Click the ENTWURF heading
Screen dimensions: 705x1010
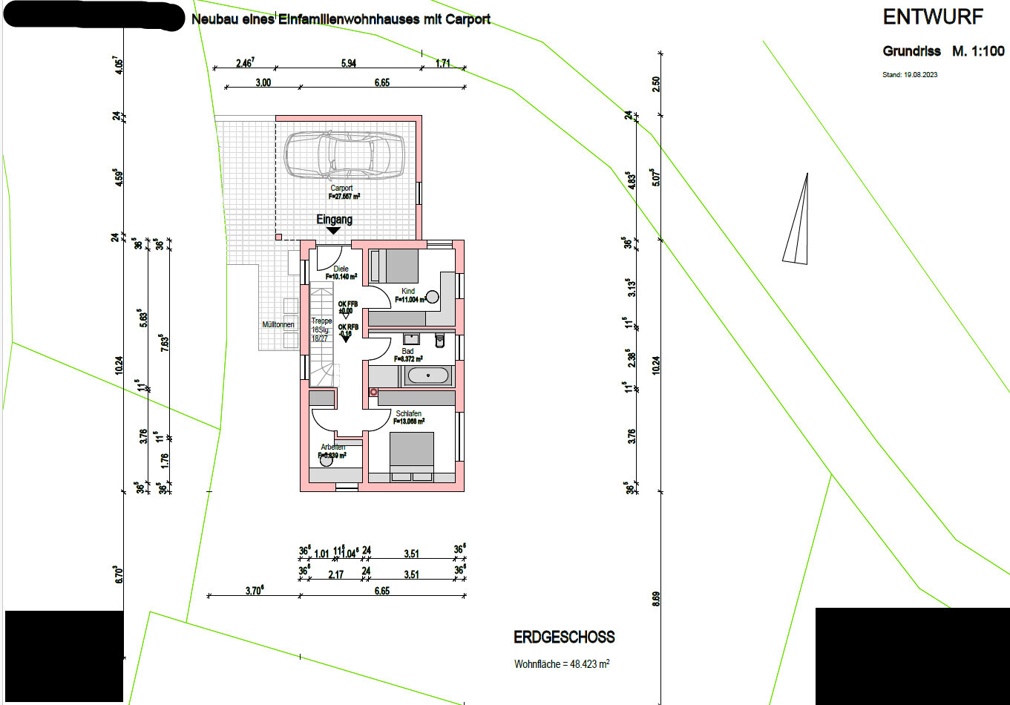click(933, 17)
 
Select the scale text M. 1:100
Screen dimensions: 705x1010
click(979, 51)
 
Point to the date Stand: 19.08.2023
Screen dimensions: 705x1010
click(909, 75)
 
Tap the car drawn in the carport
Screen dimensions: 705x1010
click(346, 156)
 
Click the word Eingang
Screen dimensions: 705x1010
click(334, 220)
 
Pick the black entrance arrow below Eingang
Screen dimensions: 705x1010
click(334, 231)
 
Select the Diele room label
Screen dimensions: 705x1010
click(341, 269)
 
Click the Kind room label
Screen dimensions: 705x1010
click(408, 291)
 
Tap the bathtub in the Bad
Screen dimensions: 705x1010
click(427, 376)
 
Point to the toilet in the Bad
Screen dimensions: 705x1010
click(439, 340)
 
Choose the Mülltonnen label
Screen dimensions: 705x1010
click(278, 324)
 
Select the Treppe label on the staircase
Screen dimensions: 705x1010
click(321, 321)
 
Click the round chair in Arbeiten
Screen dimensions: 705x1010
click(326, 460)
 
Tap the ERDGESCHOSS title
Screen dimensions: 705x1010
click(564, 637)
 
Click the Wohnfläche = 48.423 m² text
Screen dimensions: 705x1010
click(562, 664)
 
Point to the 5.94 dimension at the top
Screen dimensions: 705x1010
click(348, 63)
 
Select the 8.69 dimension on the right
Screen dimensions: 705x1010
click(655, 599)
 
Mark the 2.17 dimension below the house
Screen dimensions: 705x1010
click(335, 574)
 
